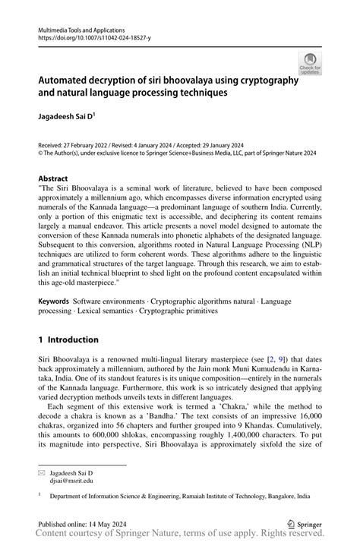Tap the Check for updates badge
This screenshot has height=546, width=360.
[310, 65]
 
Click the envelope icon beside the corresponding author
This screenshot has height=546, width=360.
[42, 472]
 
